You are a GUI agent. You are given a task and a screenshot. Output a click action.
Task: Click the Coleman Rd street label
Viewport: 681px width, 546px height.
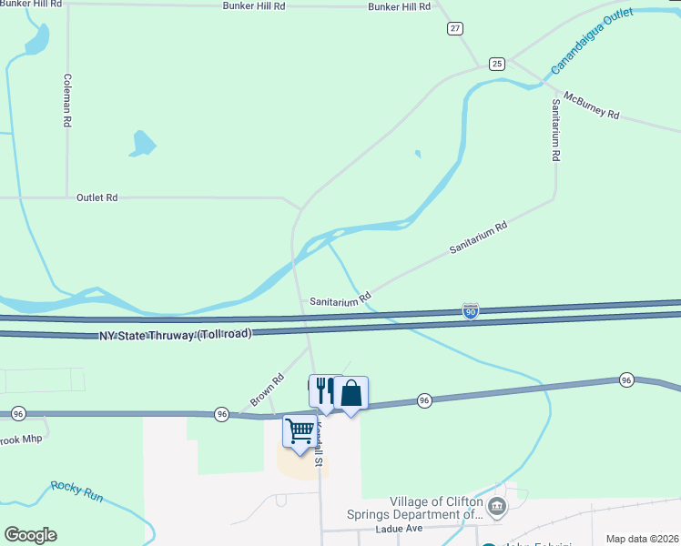tap(66, 100)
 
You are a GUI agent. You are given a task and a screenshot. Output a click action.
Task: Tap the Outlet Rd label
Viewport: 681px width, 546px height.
tap(97, 197)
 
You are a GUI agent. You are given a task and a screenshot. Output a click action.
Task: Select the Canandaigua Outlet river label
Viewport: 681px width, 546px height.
tap(593, 44)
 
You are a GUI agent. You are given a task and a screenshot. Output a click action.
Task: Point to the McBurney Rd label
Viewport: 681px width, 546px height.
tap(591, 106)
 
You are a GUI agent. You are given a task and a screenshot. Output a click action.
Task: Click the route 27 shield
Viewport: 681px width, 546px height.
tap(454, 28)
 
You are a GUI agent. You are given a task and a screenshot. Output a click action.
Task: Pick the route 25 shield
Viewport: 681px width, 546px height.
tap(496, 63)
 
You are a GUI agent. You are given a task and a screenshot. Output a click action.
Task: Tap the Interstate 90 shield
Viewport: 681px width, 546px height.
tap(470, 311)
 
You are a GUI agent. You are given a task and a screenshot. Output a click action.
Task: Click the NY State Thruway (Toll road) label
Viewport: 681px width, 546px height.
tap(175, 335)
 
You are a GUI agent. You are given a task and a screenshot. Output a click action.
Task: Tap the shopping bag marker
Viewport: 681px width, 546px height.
tap(351, 393)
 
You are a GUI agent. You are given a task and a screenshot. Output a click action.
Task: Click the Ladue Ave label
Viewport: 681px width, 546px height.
tap(400, 529)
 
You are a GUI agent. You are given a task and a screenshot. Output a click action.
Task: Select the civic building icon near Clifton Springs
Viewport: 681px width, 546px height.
tap(496, 506)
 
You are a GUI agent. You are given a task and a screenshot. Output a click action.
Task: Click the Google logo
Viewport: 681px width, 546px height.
tap(30, 535)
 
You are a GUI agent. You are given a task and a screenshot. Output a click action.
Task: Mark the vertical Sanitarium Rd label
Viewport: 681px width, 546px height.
tap(554, 131)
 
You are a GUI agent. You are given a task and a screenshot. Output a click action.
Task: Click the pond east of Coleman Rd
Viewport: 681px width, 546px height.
tap(143, 143)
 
